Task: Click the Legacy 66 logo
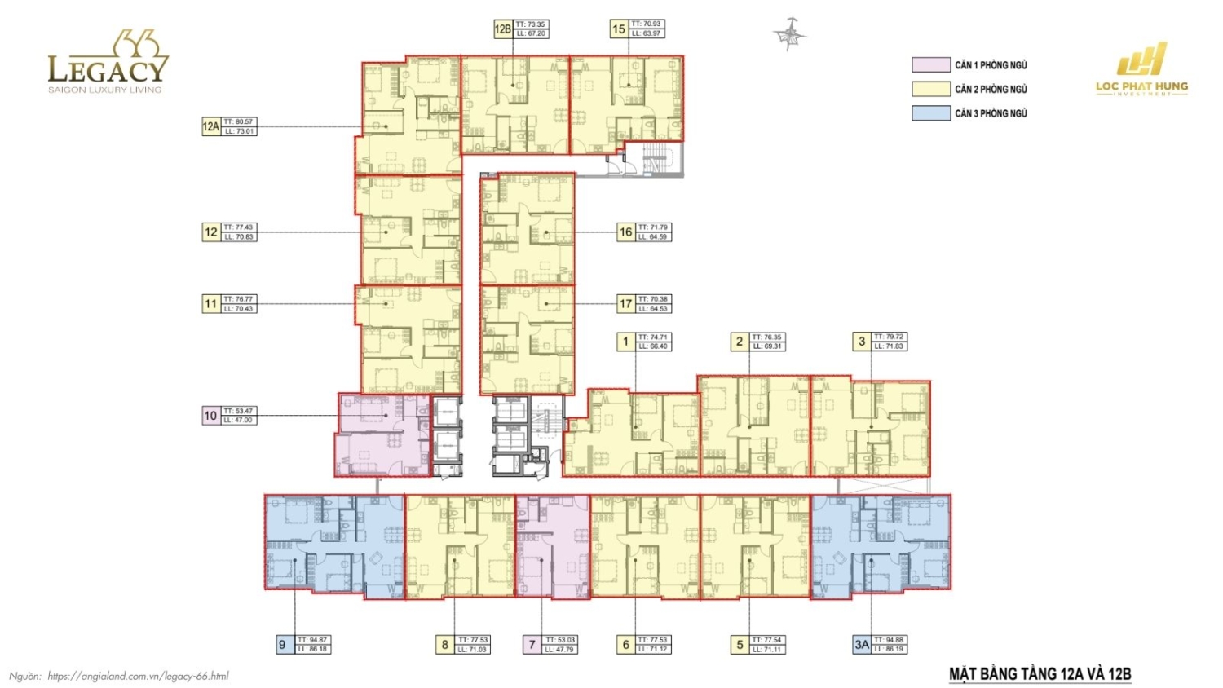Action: (x=108, y=63)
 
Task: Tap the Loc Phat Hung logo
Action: (x=1141, y=71)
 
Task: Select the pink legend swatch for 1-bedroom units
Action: (x=930, y=64)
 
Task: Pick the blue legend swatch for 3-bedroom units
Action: (x=930, y=113)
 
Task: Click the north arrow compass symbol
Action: (x=789, y=34)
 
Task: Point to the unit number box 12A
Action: (x=211, y=126)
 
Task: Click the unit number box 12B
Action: (x=502, y=29)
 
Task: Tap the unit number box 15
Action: (x=619, y=29)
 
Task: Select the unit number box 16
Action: (x=625, y=232)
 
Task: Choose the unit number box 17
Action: (x=625, y=304)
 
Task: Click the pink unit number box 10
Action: (x=210, y=416)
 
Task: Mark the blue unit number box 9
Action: (x=283, y=645)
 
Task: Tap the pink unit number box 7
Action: (x=532, y=645)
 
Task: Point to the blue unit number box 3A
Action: (x=862, y=645)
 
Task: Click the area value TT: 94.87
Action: (x=313, y=641)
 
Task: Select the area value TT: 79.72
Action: (x=889, y=337)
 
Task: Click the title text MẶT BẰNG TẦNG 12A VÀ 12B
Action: (x=1040, y=674)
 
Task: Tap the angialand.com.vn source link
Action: (x=138, y=676)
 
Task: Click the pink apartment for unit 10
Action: (x=382, y=436)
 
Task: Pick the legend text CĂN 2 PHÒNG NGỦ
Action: (x=991, y=89)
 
